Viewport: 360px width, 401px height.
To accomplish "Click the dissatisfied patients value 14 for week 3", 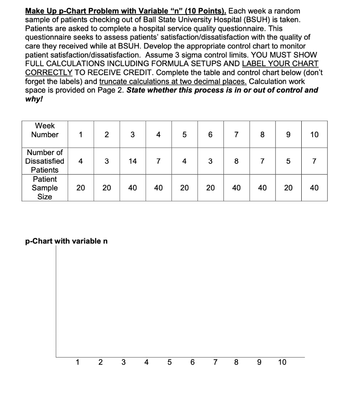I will tap(133, 161).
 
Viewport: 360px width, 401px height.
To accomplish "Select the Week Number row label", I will tap(45, 130).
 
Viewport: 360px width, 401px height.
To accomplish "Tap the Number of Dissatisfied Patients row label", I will tap(45, 161).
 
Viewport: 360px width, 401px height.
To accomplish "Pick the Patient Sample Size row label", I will tap(45, 188).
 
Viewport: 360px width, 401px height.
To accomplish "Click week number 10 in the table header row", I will tap(314, 135).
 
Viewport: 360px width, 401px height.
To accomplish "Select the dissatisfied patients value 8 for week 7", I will tap(236, 161).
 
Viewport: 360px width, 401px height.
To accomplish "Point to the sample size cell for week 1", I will tap(81, 188).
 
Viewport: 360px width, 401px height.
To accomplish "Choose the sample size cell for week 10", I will tap(314, 188).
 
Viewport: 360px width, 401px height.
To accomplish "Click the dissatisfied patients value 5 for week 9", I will tap(288, 161).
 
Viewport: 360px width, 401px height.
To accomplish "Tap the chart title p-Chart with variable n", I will tap(67, 241).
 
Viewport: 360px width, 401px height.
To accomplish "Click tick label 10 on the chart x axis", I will tap(282, 362).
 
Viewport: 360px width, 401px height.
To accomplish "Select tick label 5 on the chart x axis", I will tap(169, 362).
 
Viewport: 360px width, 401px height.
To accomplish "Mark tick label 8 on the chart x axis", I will tap(236, 362).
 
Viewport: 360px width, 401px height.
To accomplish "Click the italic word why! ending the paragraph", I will tap(34, 99).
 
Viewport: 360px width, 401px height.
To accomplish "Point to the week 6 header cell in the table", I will tap(210, 135).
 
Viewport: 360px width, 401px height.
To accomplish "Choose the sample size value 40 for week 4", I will tap(158, 188).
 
